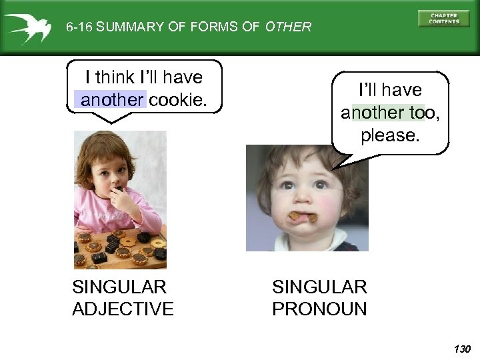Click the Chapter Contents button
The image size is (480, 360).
click(x=443, y=18)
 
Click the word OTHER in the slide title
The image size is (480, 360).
click(x=288, y=27)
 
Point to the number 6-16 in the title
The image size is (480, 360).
click(x=79, y=27)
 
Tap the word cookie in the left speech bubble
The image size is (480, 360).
click(x=178, y=100)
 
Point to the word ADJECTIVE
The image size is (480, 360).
click(x=123, y=309)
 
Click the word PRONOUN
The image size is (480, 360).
click(x=319, y=309)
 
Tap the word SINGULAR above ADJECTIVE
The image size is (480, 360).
click(x=119, y=287)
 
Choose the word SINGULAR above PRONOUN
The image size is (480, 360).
click(x=319, y=287)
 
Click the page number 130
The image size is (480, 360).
click(x=461, y=349)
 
